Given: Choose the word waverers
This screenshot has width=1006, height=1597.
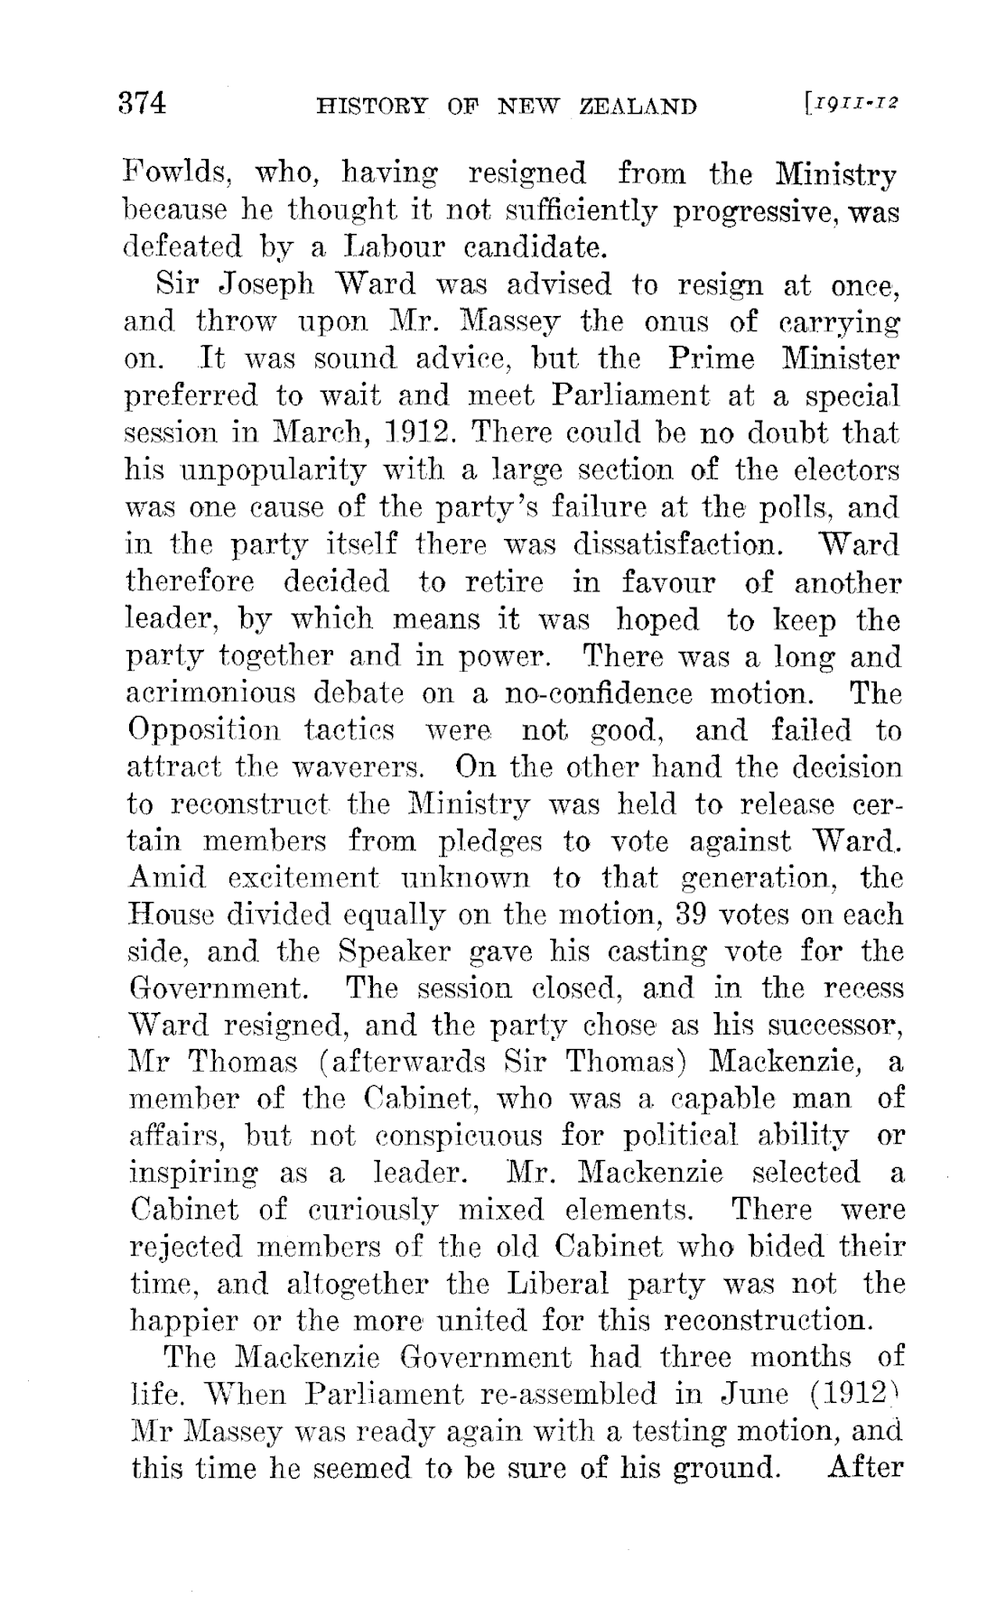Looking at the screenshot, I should (340, 768).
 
